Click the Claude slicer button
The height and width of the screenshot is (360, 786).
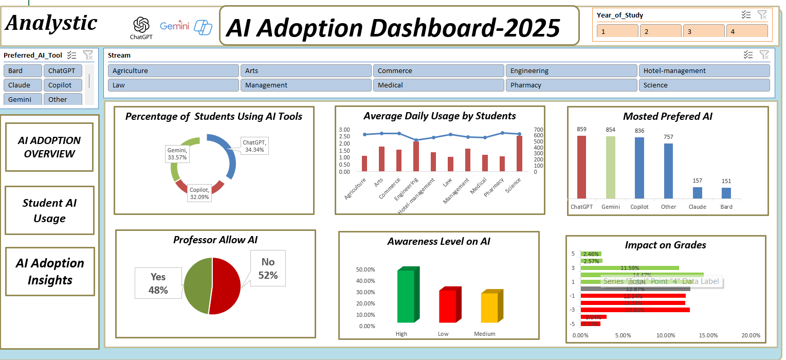22,85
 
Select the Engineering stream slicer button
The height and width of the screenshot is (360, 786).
571,71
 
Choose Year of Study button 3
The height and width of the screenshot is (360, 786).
703,31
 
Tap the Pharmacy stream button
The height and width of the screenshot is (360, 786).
571,85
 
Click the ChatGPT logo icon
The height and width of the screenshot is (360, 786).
141,25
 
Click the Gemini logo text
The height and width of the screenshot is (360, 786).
174,26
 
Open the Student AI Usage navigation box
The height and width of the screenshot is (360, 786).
50,210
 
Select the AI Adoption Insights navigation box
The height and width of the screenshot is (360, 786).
50,272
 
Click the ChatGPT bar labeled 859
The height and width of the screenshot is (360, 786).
581,167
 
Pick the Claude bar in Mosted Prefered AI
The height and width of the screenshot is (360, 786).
697,192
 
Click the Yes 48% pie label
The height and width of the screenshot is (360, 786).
158,283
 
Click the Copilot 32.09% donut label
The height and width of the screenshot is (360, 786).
199,193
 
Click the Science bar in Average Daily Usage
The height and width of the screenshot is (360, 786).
519,153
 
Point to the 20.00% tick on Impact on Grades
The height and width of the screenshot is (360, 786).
751,335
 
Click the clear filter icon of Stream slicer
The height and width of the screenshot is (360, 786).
764,55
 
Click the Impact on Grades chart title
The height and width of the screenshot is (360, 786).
665,245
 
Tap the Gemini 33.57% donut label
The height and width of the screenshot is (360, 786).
177,154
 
